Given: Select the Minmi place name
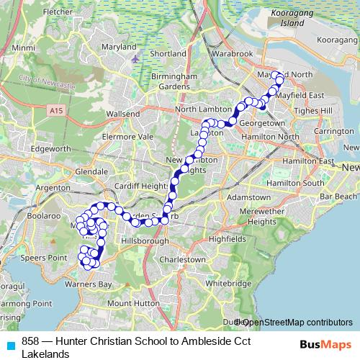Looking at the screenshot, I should (x=23, y=48).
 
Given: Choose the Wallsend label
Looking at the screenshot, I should (x=122, y=114).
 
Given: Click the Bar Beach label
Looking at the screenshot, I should (x=338, y=196).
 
